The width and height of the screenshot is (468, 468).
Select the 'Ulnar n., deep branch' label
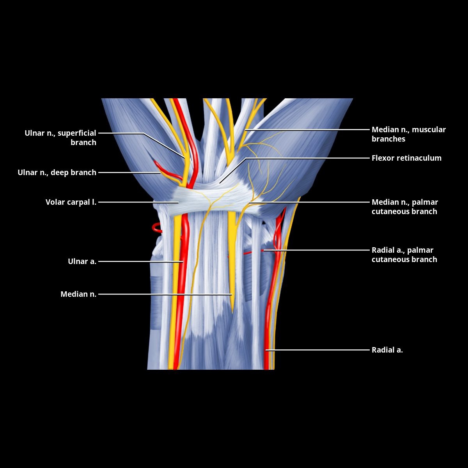pyautogui.click(x=57, y=172)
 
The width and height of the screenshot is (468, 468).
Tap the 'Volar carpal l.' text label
pyautogui.click(x=71, y=202)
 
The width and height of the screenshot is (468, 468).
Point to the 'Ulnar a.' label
pyautogui.click(x=82, y=261)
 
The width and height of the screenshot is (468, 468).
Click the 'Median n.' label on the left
pyautogui.click(x=78, y=294)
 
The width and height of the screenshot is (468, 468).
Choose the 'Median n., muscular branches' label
pyautogui.click(x=409, y=134)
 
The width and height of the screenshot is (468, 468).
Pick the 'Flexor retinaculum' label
pyautogui.click(x=406, y=158)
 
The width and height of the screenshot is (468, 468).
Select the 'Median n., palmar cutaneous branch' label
pyautogui.click(x=405, y=207)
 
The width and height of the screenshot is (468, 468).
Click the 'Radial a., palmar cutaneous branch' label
pyautogui.click(x=404, y=255)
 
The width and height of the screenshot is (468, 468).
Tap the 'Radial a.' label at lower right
pyautogui.click(x=387, y=350)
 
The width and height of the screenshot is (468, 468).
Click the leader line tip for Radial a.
pyautogui.click(x=266, y=350)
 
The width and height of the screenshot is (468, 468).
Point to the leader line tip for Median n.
pyautogui.click(x=231, y=294)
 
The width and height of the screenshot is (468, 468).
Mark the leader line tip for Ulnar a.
pyautogui.click(x=183, y=262)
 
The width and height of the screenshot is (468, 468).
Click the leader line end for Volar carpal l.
pyautogui.click(x=178, y=202)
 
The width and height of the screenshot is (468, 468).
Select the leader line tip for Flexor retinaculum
pyautogui.click(x=220, y=183)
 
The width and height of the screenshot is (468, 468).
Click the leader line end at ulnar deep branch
pyautogui.click(x=160, y=172)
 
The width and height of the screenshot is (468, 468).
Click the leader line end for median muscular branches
pyautogui.click(x=246, y=129)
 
